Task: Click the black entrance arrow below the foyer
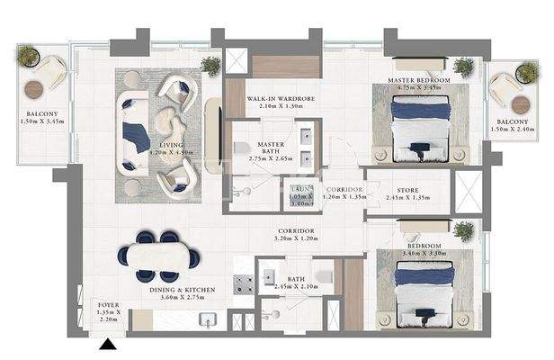110,343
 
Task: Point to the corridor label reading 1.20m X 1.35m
344,193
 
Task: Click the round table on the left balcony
34,88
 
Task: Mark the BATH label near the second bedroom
296,282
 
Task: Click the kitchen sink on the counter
206,320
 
